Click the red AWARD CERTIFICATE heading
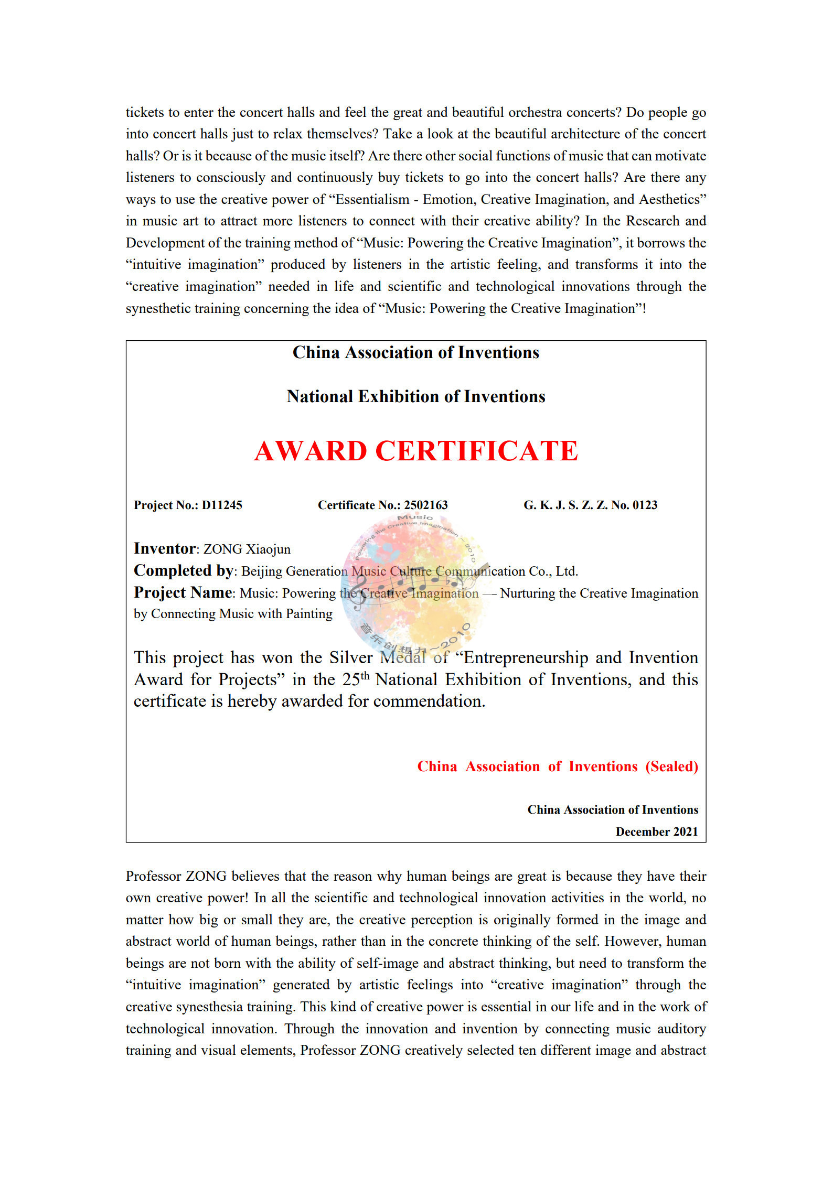tap(416, 451)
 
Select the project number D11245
tap(222, 505)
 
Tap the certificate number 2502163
tap(425, 505)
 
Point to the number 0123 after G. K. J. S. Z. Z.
tap(645, 505)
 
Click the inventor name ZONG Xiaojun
tap(247, 549)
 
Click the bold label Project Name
tap(183, 592)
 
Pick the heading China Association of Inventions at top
tap(415, 352)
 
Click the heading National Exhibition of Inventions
tap(415, 396)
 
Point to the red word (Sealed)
tap(671, 766)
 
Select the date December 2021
tap(656, 832)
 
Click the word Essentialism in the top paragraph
tap(372, 199)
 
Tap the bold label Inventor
tap(165, 548)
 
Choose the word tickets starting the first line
tap(145, 112)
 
